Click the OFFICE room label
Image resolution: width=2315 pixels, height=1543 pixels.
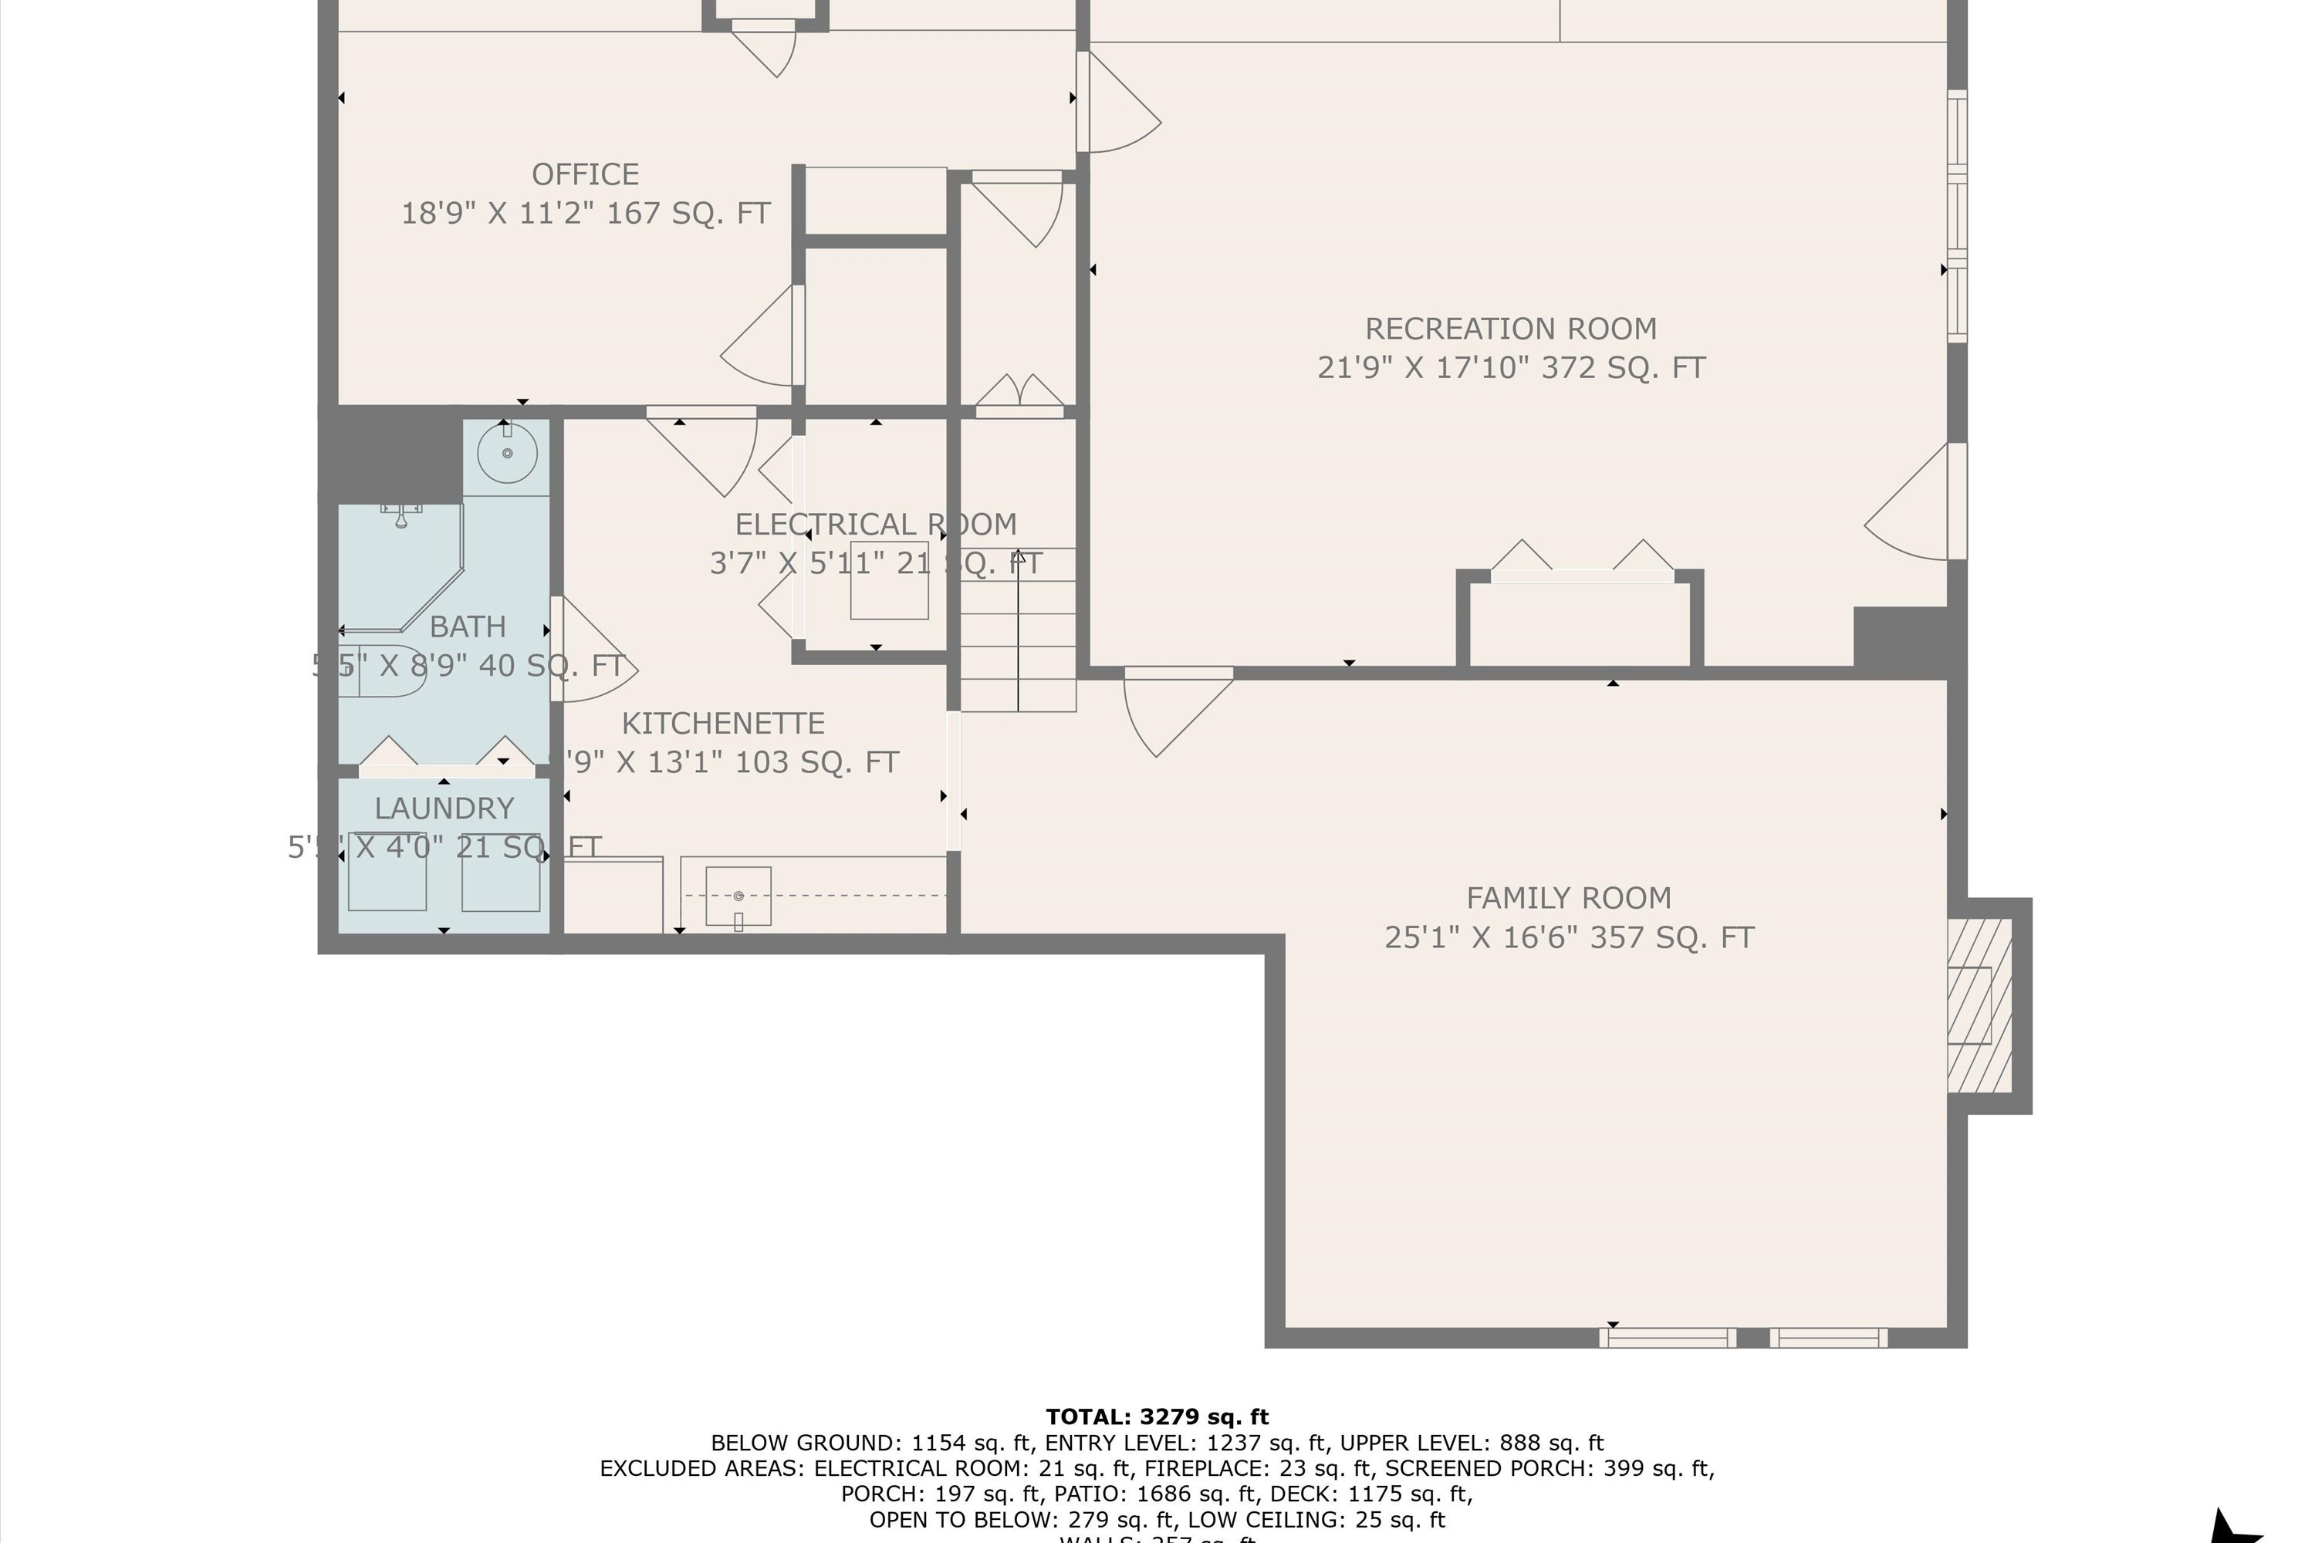pyautogui.click(x=585, y=174)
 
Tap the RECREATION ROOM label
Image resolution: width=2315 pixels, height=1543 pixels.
pyautogui.click(x=1510, y=329)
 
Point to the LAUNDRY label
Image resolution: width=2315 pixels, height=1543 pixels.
pyautogui.click(x=444, y=809)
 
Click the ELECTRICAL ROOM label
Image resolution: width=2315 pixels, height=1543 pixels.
pyautogui.click(x=875, y=525)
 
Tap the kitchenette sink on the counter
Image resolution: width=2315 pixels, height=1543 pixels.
pyautogui.click(x=738, y=896)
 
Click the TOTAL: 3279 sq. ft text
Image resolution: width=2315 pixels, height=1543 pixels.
pyautogui.click(x=1157, y=1417)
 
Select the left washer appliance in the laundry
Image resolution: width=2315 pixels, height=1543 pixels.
pyautogui.click(x=387, y=873)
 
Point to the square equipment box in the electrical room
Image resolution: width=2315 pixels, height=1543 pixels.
pyautogui.click(x=889, y=581)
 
